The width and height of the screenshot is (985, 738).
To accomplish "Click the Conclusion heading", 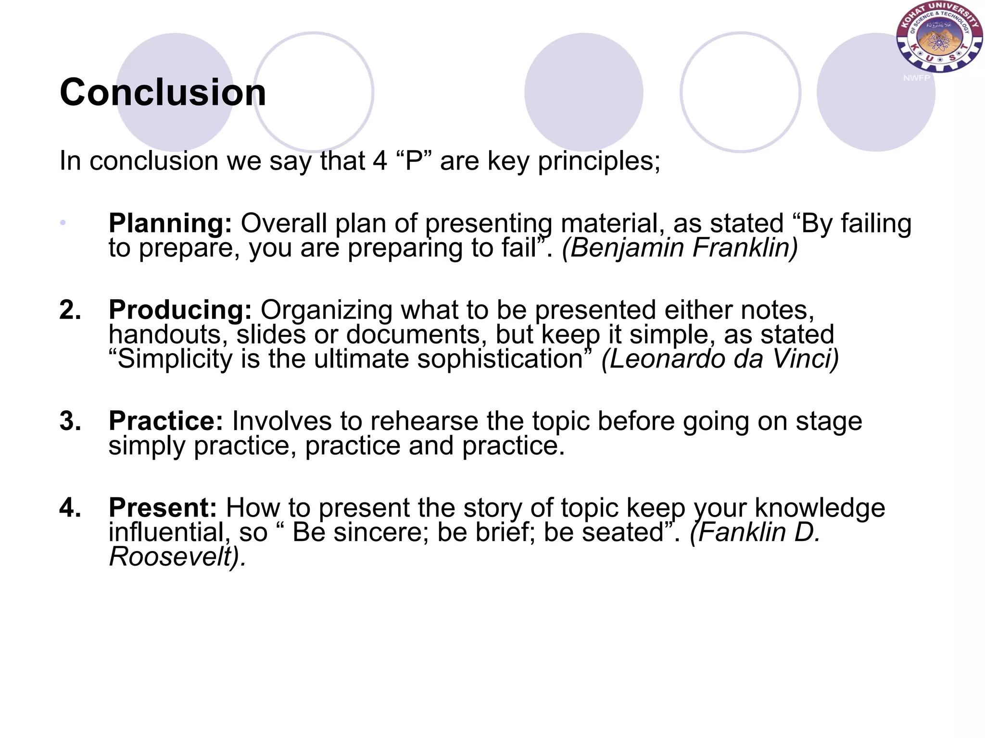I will coord(163,92).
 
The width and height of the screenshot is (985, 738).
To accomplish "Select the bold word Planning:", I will coord(170,223).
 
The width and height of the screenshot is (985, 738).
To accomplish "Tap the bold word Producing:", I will coord(180,310).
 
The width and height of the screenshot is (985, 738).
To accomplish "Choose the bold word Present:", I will coord(163,508).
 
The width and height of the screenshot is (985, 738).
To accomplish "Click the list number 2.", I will coord(70,310).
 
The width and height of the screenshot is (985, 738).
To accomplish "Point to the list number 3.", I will coord(70,421).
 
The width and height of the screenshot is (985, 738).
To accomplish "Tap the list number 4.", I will coord(70,508).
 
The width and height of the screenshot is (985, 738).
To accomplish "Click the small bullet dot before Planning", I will coord(63,222).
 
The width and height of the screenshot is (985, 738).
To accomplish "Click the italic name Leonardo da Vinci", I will coord(720,359).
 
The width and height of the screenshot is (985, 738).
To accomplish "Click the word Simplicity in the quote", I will coord(175,359).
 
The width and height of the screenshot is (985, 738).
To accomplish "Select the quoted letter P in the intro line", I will coord(414,161).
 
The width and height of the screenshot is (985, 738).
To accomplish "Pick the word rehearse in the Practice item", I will coord(424,421).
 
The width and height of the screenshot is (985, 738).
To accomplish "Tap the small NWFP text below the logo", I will coord(916,78).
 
